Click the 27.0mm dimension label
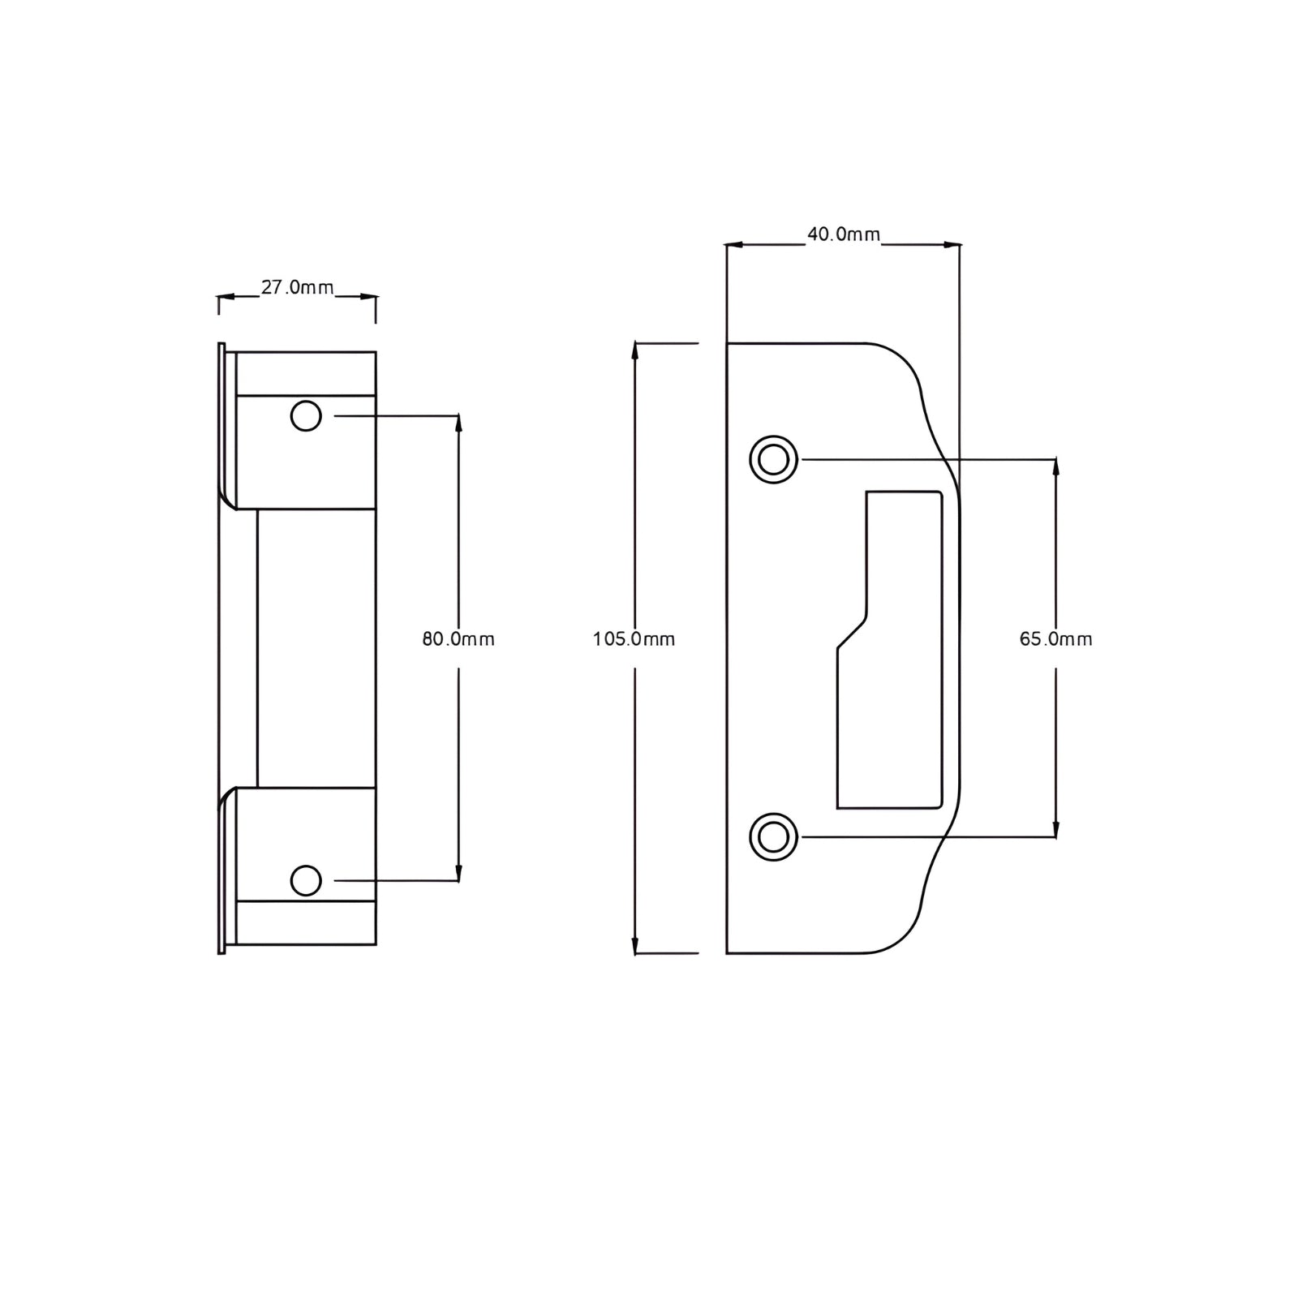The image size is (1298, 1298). [297, 287]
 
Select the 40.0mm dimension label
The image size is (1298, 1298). [844, 234]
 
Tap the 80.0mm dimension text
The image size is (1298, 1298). [458, 639]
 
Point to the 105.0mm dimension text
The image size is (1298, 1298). [634, 639]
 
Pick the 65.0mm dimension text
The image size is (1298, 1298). [1056, 639]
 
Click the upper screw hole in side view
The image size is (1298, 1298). [306, 416]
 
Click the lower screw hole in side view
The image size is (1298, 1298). [306, 880]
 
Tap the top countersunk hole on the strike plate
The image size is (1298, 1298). [773, 460]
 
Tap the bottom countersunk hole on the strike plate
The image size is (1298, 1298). [773, 836]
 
